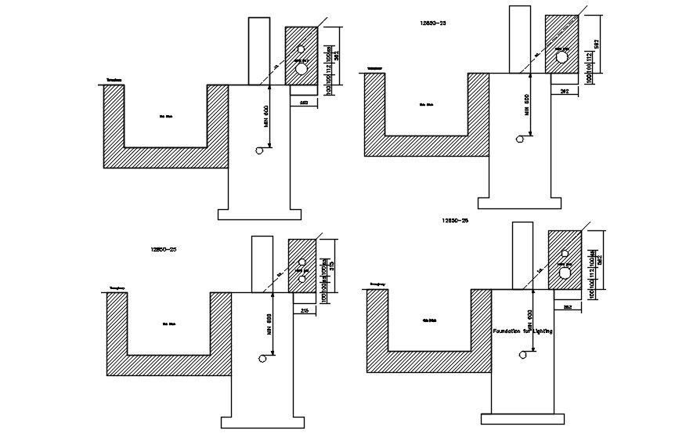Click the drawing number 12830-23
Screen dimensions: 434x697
tap(432, 24)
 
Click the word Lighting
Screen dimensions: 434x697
tap(541, 331)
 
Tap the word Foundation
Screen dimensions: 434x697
tap(510, 331)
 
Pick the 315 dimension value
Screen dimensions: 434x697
tap(332, 264)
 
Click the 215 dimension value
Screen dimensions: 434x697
tap(303, 311)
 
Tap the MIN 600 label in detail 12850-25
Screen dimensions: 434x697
tap(269, 331)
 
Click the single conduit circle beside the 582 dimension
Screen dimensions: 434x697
tap(561, 57)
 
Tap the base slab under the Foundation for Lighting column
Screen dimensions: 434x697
tap(522, 418)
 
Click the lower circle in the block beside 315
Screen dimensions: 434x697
tap(302, 280)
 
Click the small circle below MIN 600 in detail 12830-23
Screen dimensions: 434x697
tap(521, 139)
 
